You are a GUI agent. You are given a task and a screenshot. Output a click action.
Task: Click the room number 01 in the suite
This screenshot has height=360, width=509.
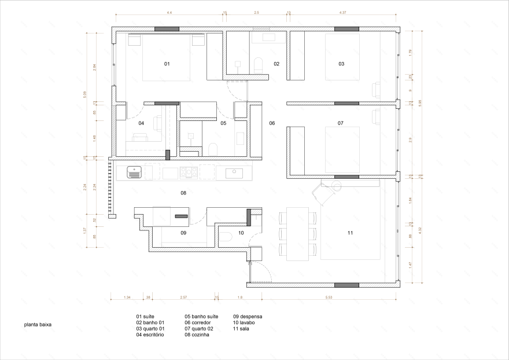[x=167, y=63]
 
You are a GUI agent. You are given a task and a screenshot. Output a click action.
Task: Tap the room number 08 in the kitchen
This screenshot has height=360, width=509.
[x=183, y=193]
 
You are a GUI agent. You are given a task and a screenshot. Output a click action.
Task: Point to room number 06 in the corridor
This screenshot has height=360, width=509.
[x=272, y=123]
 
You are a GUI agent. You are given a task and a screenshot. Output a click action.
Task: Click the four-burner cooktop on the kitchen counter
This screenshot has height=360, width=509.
[x=189, y=172]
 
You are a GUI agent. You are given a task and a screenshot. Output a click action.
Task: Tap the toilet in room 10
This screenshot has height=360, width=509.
[x=226, y=236]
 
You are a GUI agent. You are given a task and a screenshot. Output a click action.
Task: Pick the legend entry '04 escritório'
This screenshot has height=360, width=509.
[x=150, y=335]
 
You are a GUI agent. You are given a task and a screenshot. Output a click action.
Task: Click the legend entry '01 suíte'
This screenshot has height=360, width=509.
[x=146, y=317]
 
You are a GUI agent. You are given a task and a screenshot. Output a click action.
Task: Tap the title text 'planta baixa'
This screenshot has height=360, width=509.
[x=38, y=325]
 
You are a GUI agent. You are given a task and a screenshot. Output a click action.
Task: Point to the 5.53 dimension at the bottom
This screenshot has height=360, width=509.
[x=329, y=297]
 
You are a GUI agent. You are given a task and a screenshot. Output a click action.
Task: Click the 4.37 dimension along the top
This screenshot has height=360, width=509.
[x=342, y=12]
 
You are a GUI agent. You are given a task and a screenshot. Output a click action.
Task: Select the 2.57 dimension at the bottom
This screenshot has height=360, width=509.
[x=183, y=297]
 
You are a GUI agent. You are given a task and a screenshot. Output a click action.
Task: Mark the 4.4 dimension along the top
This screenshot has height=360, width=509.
[x=169, y=12]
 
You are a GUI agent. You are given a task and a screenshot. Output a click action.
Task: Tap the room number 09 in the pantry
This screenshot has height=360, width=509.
[x=183, y=233]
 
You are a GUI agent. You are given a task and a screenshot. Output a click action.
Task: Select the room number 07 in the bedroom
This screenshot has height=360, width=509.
[x=341, y=123]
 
